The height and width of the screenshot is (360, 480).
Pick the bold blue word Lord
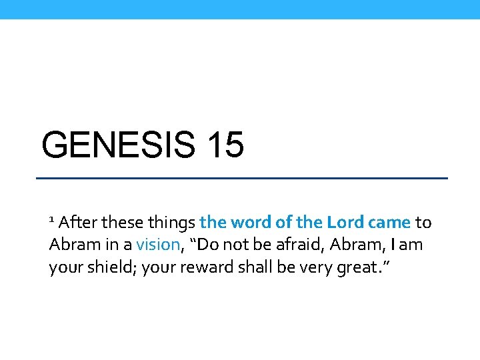[x=343, y=222]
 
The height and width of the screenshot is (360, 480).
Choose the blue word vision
[x=158, y=245]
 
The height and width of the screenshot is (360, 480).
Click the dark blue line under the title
[x=241, y=179]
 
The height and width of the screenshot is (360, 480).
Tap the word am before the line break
[x=411, y=245]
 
